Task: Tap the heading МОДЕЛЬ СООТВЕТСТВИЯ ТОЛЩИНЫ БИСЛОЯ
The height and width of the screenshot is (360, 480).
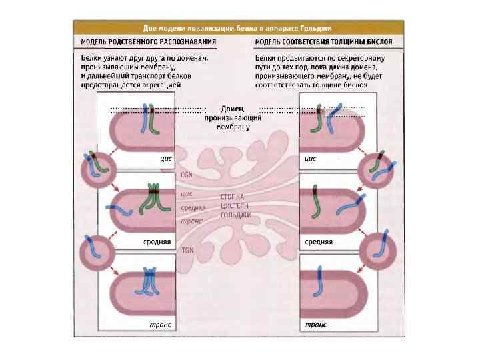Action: coord(323,42)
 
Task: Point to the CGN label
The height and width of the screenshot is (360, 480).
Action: coord(187,173)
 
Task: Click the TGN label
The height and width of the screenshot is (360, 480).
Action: coord(187,249)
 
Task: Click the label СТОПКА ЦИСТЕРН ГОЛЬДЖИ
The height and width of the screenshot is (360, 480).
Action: coord(235,206)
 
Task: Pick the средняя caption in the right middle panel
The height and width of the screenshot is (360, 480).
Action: coord(319,241)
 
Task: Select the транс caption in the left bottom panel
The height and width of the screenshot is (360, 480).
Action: coord(160,324)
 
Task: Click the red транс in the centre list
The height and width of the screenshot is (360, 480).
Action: coord(191,220)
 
